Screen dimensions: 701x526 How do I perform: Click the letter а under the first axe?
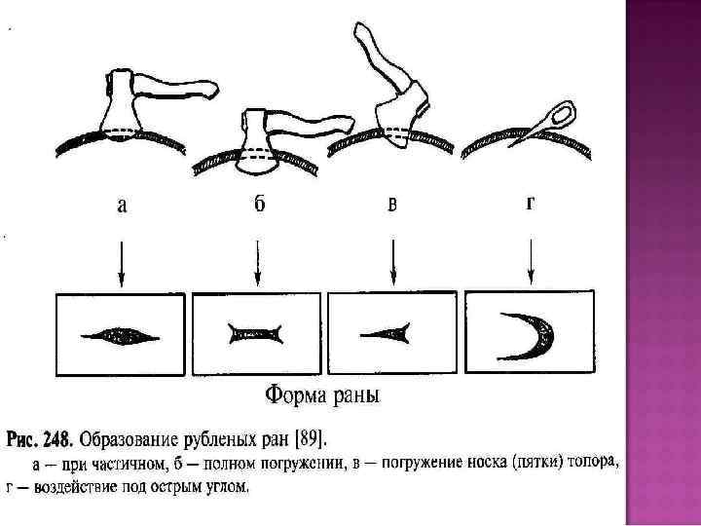coord(121,206)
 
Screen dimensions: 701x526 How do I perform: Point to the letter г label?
coord(530,205)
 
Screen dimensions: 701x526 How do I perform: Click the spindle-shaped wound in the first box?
coord(121,336)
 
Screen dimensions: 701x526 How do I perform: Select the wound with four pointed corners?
coord(257,335)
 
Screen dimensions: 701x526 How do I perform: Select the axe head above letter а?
coord(125,107)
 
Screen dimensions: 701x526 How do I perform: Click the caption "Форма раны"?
coord(323,396)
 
